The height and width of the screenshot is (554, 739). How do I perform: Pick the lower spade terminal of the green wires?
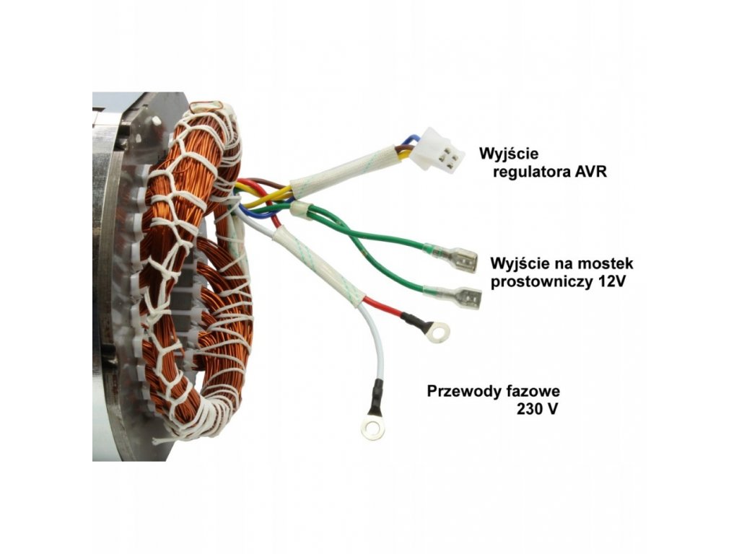coord(464,297)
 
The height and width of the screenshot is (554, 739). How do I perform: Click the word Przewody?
coord(463,392)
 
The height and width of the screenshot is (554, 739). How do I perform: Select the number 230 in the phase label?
coord(530,410)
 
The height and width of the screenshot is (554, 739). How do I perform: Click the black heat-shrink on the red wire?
coord(411,320)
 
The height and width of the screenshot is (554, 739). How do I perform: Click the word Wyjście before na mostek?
coord(515,262)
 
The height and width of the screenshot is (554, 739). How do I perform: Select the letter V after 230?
coord(553,410)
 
